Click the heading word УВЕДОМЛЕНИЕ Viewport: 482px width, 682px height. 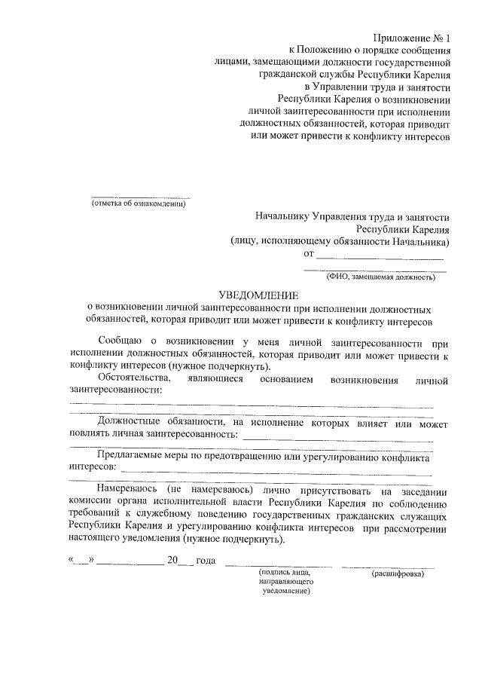coord(258,296)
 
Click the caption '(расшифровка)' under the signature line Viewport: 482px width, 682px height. coord(398,574)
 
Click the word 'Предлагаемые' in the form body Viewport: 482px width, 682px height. coord(133,457)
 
